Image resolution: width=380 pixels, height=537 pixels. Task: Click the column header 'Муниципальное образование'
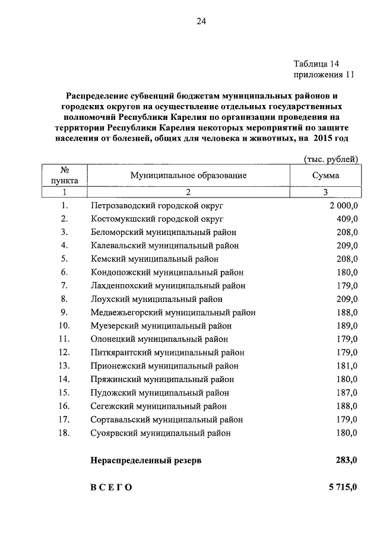click(188, 176)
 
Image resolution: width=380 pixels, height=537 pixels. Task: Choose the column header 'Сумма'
click(325, 176)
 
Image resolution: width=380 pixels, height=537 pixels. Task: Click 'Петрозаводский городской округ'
click(157, 205)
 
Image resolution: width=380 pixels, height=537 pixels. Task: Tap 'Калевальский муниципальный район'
click(165, 246)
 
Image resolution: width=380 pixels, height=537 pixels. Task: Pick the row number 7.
click(65, 285)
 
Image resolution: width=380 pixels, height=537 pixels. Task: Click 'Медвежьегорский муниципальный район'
click(173, 312)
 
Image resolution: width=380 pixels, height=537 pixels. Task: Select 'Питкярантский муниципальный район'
click(167, 352)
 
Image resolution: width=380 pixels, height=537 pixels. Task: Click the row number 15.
click(65, 393)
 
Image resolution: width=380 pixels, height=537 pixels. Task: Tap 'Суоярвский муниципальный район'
click(161, 433)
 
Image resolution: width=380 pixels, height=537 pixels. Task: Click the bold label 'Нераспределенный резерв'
click(146, 460)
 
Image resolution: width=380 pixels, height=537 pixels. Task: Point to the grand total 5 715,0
click(343, 487)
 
